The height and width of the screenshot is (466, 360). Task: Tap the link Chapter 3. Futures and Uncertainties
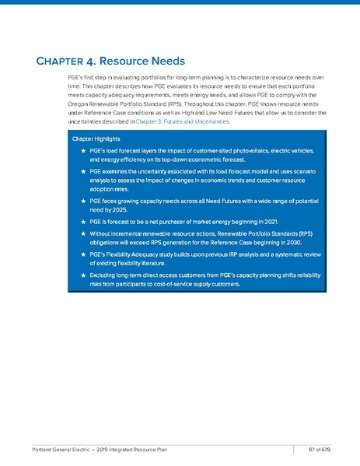pos(183,122)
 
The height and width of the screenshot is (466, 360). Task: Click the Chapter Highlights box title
pos(98,138)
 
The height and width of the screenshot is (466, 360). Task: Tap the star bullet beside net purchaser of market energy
pos(82,221)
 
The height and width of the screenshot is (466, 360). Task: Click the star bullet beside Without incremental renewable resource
pos(82,233)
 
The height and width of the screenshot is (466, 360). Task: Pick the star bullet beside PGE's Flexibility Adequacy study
pos(82,254)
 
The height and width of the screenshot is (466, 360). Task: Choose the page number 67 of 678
pos(318,450)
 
